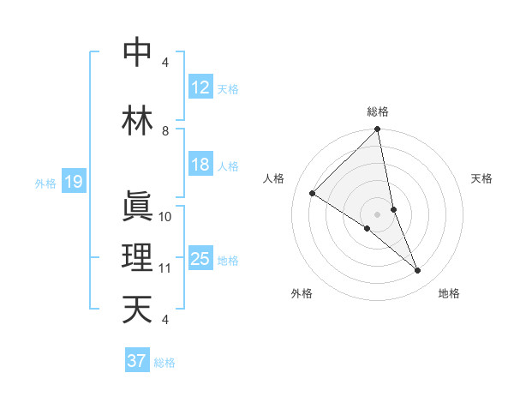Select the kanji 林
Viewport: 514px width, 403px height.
point(137,121)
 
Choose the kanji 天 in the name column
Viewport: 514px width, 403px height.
point(137,310)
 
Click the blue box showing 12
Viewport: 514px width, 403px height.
point(200,87)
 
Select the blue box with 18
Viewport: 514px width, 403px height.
point(200,165)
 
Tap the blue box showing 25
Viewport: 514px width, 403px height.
point(200,259)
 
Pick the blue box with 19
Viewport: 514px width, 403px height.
point(73,182)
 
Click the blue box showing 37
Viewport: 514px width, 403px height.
point(136,361)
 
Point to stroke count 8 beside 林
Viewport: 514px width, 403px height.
point(165,131)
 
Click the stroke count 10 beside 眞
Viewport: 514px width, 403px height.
point(165,217)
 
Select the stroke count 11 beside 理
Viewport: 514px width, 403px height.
point(165,268)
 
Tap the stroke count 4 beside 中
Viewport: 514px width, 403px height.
point(165,63)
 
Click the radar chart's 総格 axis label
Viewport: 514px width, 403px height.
point(378,111)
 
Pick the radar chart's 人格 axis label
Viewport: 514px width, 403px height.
point(274,178)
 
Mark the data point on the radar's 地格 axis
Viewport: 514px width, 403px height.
point(418,270)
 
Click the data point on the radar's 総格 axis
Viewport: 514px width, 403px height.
point(378,130)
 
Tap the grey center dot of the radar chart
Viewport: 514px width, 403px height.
point(378,214)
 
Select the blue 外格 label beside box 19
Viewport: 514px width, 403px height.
point(45,183)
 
